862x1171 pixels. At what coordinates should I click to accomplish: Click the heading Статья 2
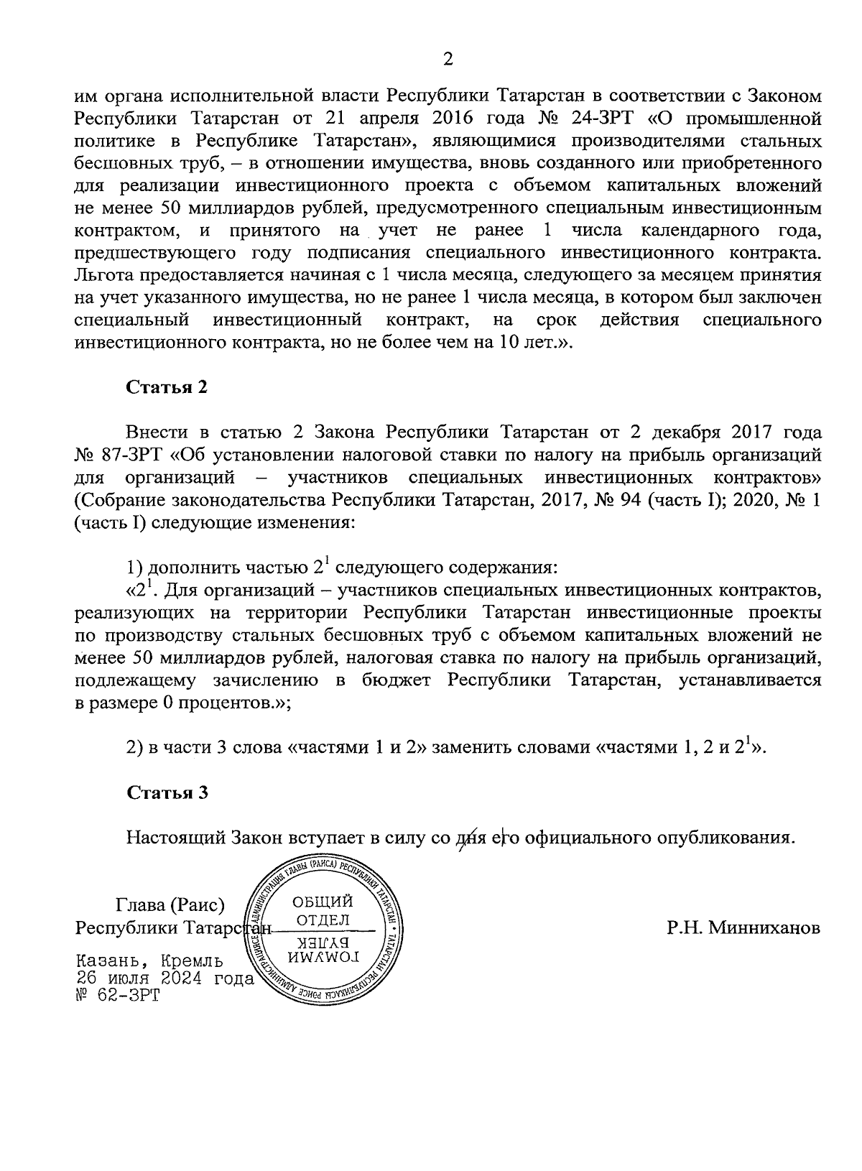click(167, 387)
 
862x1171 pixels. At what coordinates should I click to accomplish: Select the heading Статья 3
click(167, 792)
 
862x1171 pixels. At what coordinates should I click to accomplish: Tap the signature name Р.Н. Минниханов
click(743, 927)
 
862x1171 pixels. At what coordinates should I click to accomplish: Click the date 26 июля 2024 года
click(165, 978)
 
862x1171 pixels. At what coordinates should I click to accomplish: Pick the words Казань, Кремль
click(149, 961)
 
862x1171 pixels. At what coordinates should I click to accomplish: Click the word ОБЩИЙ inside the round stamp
click(323, 902)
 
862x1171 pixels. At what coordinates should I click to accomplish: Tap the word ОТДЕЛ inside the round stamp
click(323, 920)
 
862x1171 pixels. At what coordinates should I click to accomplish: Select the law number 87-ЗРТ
click(138, 455)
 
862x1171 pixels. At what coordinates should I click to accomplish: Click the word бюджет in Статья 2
click(392, 680)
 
